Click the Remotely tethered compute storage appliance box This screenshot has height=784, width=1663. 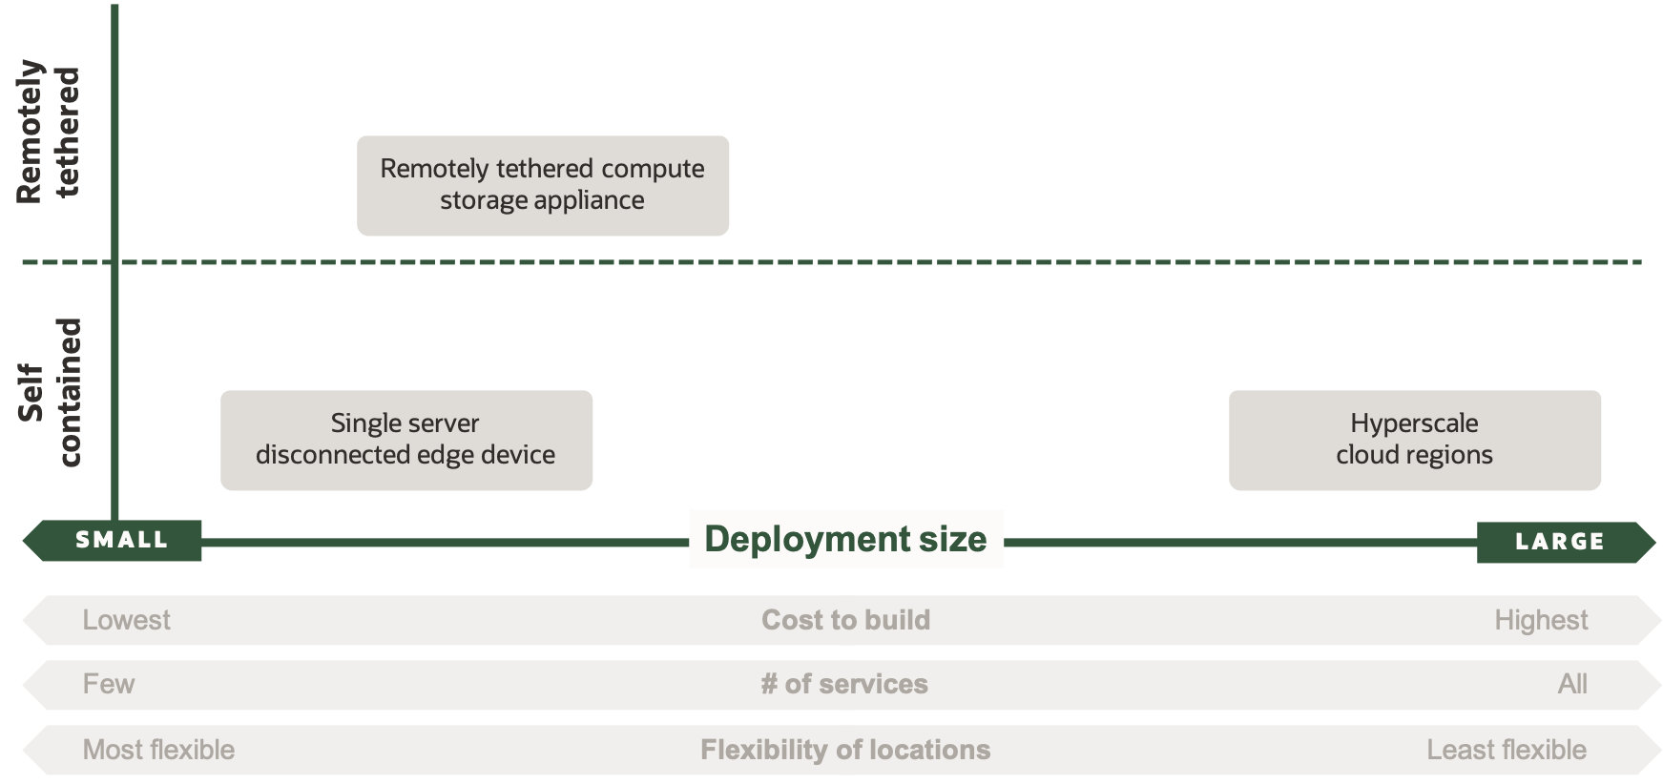point(542,185)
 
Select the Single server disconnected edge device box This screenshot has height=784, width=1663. point(405,440)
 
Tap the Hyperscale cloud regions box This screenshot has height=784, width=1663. point(1414,440)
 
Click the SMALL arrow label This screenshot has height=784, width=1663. point(121,540)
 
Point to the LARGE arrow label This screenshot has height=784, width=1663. point(1560,542)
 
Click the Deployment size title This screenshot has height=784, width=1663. point(845,539)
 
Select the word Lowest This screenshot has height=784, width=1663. point(126,620)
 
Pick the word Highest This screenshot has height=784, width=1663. point(1541,620)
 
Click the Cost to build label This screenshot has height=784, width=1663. point(845,620)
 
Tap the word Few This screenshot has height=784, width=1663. point(108,684)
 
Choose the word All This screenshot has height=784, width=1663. point(1572,684)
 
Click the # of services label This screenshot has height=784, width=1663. point(844,684)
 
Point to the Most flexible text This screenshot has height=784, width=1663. point(158,750)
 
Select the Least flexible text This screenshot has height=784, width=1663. point(1507,750)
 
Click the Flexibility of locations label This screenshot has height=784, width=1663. point(845,750)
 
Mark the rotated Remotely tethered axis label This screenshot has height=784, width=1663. point(50,132)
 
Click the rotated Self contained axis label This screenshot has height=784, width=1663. point(50,392)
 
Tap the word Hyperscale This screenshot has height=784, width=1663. point(1414,423)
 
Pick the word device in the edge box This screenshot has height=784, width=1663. point(517,454)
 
